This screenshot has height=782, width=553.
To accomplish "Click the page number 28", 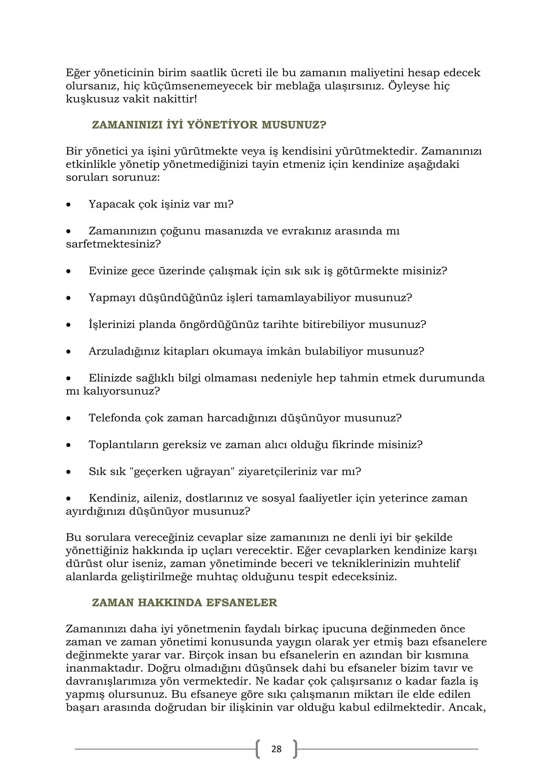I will [276, 749].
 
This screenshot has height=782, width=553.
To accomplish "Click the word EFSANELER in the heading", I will [241, 603].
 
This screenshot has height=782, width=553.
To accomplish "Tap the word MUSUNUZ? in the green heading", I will [294, 125].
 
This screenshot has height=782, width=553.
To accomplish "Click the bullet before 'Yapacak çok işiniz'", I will [69, 205].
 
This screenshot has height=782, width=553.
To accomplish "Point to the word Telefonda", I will [115, 418].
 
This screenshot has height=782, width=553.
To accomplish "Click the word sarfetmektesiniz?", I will [113, 244].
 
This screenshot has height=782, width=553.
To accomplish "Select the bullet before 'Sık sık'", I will [69, 472].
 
